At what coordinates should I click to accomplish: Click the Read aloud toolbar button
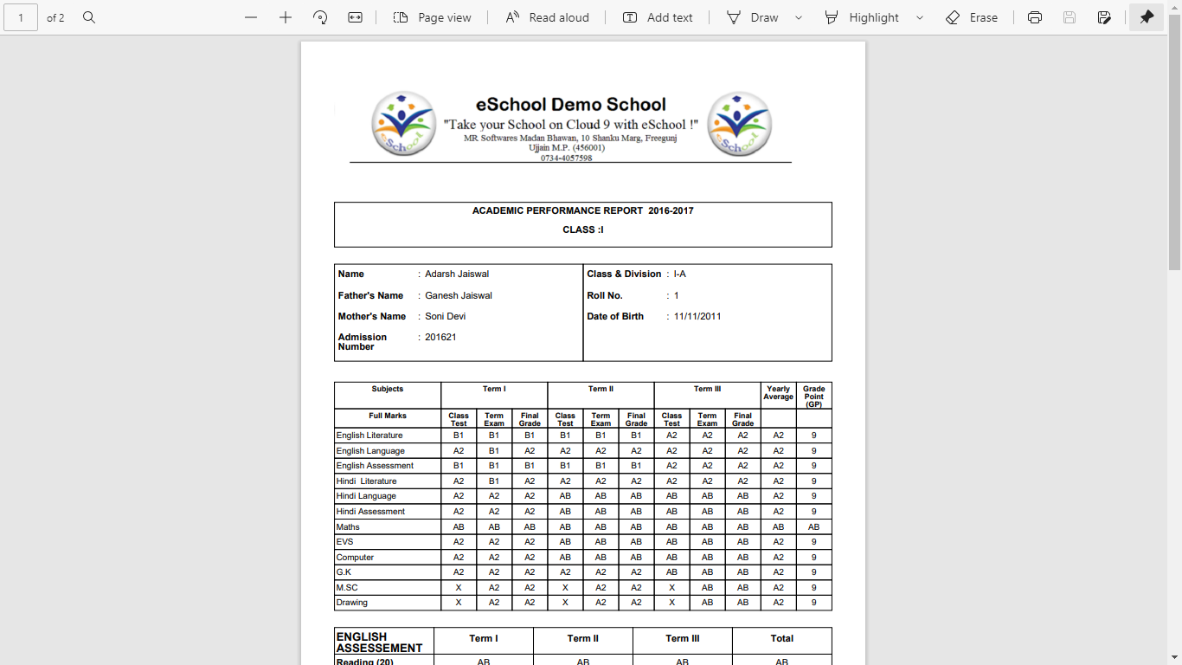547,17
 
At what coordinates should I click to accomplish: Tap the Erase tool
972,17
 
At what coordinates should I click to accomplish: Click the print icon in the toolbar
1035,17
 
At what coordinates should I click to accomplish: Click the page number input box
21,17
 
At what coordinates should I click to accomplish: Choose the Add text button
658,17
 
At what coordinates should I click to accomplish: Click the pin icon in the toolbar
1147,17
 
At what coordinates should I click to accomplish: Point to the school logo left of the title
403,124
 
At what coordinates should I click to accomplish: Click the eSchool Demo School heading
571,105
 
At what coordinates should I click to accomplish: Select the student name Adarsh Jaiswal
457,274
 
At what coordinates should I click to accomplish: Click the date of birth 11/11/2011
697,316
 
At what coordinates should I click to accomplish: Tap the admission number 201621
440,337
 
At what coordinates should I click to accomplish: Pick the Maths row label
348,526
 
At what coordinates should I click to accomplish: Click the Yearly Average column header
778,393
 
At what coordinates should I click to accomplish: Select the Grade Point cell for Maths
813,526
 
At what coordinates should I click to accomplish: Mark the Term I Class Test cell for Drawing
459,603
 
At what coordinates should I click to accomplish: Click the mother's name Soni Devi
445,316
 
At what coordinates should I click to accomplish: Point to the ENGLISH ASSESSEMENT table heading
379,642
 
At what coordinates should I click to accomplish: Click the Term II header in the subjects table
601,389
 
